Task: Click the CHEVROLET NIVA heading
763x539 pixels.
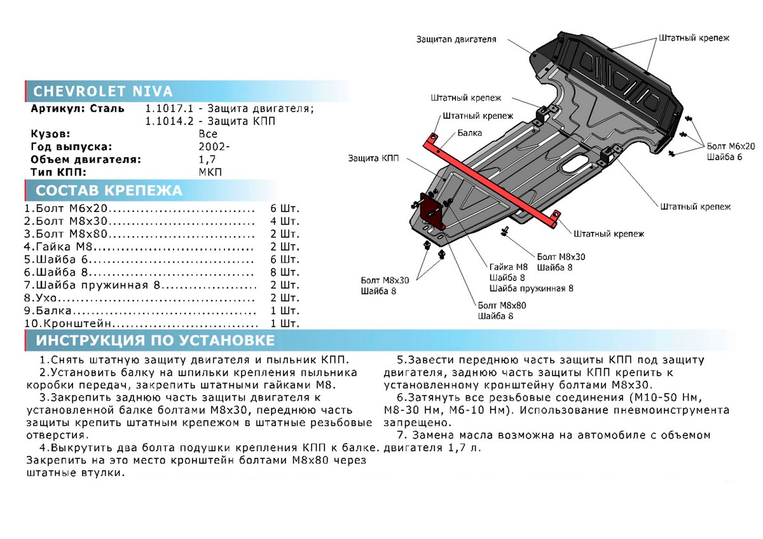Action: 102,92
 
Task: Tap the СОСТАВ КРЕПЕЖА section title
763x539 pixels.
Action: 109,191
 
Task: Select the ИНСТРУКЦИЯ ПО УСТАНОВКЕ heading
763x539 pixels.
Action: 156,340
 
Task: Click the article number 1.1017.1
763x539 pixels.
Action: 167,109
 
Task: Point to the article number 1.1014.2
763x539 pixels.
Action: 167,121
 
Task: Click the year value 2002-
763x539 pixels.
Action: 212,147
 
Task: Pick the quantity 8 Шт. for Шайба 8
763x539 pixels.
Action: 284,272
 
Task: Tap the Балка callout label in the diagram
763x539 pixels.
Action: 469,133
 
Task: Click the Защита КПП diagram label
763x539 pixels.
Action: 373,158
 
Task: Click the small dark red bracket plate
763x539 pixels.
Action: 431,208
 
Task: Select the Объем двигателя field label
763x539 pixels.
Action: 85,160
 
